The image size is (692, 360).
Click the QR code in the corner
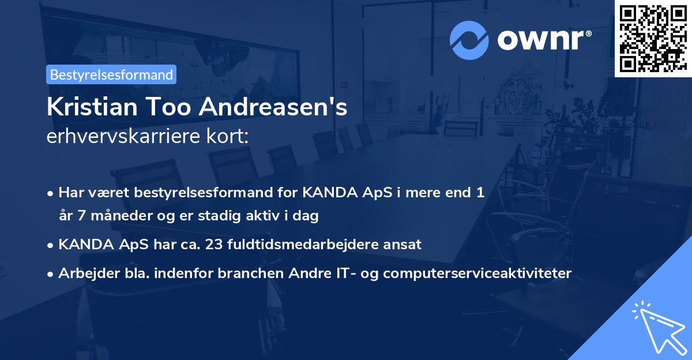click(653, 38)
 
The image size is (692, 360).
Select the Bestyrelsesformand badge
click(111, 74)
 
